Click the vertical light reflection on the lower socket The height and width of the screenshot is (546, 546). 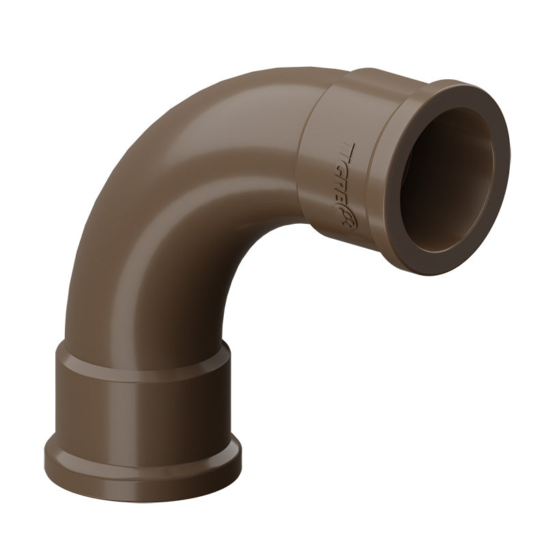[x=89, y=403]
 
